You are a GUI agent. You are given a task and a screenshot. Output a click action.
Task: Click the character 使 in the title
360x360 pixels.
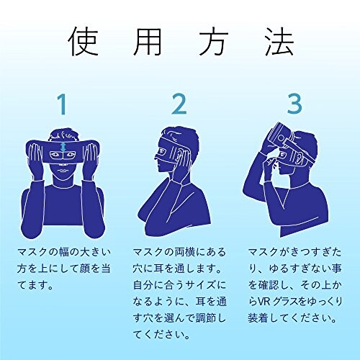tap(84, 41)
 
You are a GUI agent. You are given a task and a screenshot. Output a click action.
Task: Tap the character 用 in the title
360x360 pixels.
tap(147, 42)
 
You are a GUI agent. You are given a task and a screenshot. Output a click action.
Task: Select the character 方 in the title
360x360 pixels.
tap(212, 41)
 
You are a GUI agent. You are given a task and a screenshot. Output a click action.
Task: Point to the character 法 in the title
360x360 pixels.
tap(279, 41)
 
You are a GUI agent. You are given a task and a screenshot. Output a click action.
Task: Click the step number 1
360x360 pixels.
tap(62, 104)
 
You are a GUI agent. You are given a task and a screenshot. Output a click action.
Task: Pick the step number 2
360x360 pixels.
tap(179, 104)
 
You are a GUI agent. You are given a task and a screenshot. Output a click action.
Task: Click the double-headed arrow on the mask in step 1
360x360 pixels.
tap(63, 147)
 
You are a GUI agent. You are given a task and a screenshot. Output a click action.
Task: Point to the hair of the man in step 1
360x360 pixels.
tap(63, 135)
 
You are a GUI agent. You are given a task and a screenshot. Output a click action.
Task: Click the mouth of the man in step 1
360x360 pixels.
tap(63, 171)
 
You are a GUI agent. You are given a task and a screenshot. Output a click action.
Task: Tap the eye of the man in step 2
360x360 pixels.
tap(161, 151)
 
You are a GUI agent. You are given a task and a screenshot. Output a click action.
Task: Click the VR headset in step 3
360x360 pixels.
tap(282, 138)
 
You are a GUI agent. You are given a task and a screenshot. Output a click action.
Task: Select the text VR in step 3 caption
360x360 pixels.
tap(264, 302)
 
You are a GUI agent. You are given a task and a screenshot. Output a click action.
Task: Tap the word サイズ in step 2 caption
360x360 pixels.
tap(198, 285)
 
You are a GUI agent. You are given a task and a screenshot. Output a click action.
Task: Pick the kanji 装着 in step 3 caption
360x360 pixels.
tap(258, 318)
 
